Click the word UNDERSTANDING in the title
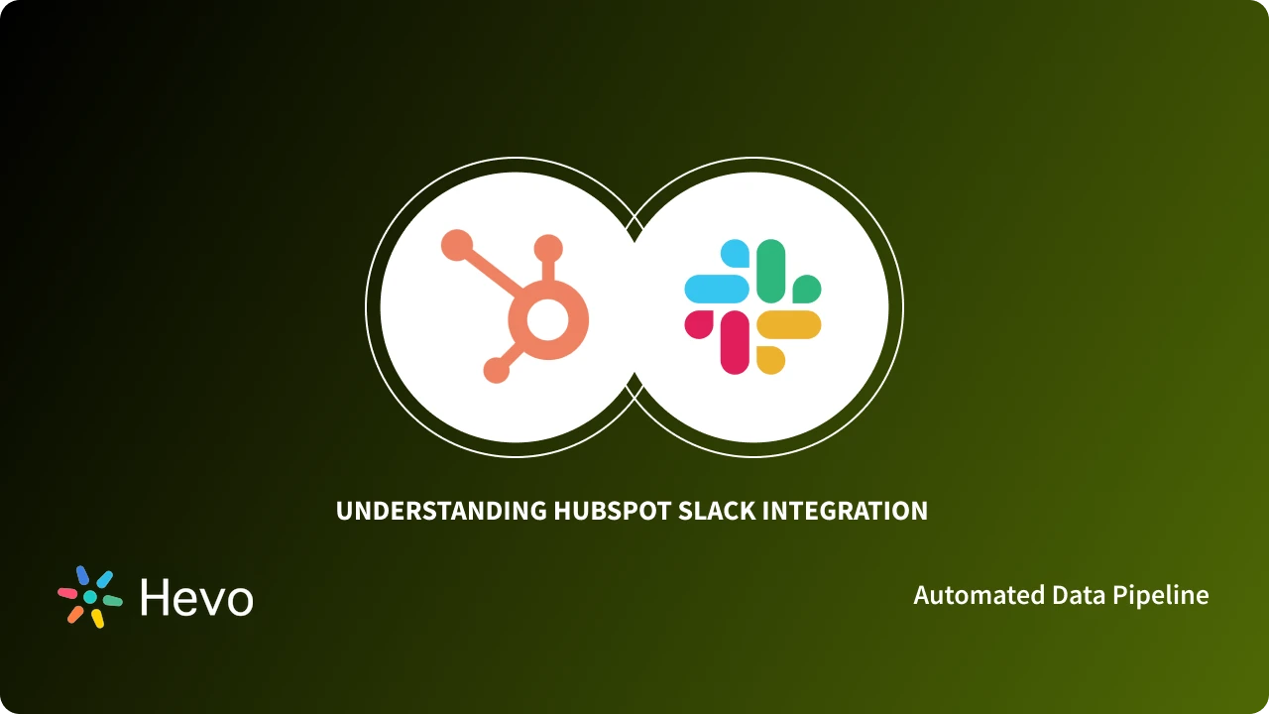pos(441,511)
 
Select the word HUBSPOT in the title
pos(612,511)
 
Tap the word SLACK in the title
pos(714,511)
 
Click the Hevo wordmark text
pos(196,598)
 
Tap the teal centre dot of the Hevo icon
pos(90,597)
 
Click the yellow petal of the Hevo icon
pos(97,619)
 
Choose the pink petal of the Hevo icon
pos(67,593)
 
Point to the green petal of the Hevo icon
pos(112,601)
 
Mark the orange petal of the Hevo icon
pos(75,614)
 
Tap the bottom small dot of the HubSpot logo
pos(496,371)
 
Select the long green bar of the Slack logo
pos(771,270)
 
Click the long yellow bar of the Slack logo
pos(789,324)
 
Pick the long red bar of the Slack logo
pos(735,342)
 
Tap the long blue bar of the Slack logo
pos(717,289)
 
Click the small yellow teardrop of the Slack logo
pos(770,360)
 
